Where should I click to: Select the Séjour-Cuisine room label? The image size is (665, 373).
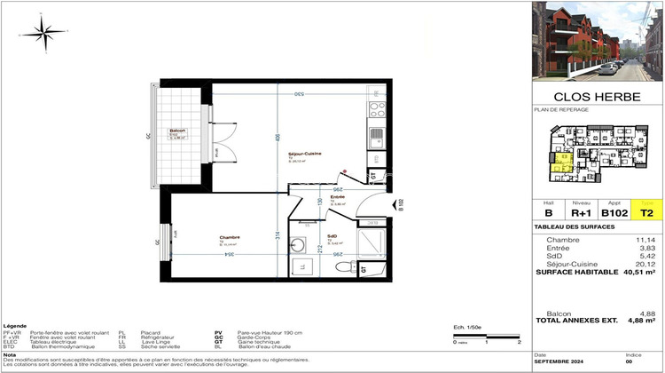pos(304,154)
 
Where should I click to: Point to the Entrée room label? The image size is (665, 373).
pos(337,197)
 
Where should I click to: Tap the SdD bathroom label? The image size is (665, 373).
pos(332,236)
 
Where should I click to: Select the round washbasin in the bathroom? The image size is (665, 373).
pos(299,246)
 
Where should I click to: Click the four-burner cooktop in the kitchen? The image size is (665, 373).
pos(377,109)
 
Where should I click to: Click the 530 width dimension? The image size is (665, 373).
pos(300,93)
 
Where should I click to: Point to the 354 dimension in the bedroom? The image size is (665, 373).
pos(228,254)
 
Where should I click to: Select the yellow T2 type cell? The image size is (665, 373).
pos(647,213)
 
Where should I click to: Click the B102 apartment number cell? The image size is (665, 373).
pos(614,213)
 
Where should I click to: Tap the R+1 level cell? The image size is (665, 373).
pos(580,213)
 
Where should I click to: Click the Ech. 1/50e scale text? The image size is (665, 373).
pos(466,327)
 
